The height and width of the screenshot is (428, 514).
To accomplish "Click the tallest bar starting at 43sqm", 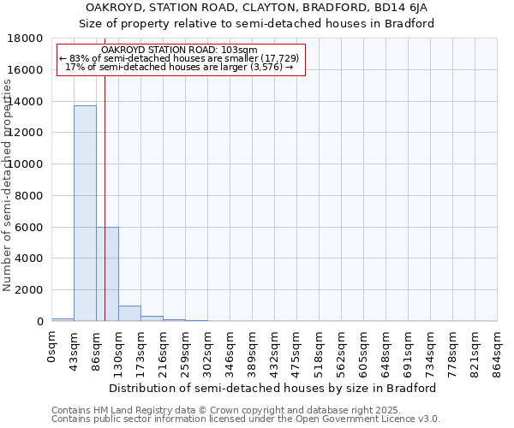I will point(85,213).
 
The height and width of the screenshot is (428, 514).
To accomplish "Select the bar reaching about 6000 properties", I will point(107,274).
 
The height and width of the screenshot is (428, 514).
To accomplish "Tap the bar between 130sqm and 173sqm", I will point(129,313).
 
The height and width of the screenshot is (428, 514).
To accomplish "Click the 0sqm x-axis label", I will point(52,348).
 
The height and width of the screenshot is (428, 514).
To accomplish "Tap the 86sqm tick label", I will point(97,350).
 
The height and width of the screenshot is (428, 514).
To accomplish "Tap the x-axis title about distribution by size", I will point(272,388).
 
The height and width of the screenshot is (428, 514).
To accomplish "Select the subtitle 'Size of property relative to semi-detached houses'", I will point(257,23).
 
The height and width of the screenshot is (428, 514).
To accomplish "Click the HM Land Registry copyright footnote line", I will point(202,410).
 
